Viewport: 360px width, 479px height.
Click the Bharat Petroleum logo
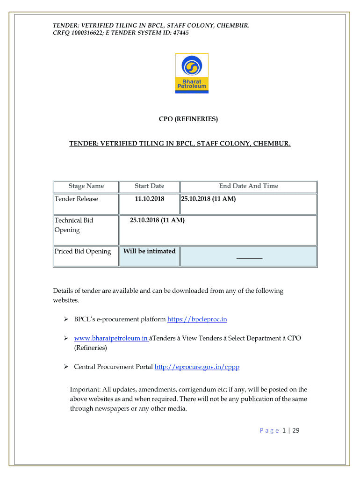[x=192, y=73]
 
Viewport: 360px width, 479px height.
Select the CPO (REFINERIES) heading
[x=188, y=119]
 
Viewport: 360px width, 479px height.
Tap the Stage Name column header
[x=86, y=186]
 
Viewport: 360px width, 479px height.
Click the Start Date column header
[x=150, y=186]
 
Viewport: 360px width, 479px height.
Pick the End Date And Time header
[x=248, y=186]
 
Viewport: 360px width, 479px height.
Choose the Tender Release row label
[x=77, y=199]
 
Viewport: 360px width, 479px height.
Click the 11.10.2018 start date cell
[x=150, y=199]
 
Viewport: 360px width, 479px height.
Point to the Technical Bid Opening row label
[x=74, y=225]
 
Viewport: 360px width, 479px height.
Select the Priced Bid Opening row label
[x=83, y=252]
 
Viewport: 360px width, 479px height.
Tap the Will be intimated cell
[x=149, y=252]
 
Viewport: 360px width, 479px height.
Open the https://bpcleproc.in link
[x=197, y=319]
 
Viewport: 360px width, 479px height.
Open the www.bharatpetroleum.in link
[x=111, y=339]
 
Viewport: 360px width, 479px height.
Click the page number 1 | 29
[x=290, y=431]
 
